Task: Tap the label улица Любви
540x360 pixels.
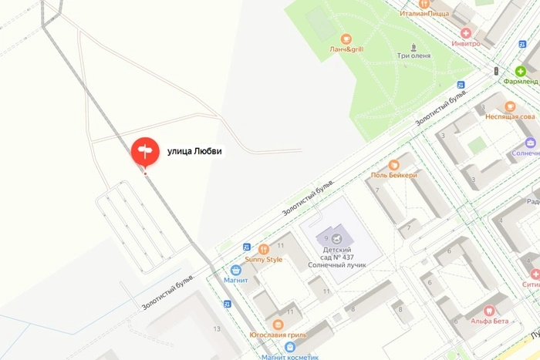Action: (194, 151)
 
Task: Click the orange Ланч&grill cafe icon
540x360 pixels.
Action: (345, 38)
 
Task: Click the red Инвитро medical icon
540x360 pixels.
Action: (465, 33)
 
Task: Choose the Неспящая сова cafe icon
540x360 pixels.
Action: (510, 106)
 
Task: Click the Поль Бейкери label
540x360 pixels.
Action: (393, 175)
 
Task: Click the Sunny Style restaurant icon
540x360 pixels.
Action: (264, 249)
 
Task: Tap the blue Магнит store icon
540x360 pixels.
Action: (236, 270)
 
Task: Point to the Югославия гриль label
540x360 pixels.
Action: (278, 335)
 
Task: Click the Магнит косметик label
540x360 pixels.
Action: (289, 357)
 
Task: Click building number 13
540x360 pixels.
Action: (217, 329)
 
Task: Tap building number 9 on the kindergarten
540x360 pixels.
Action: (326, 237)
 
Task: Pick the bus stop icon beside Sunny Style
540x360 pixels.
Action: (246, 247)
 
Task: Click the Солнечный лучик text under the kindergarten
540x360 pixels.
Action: (338, 264)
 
